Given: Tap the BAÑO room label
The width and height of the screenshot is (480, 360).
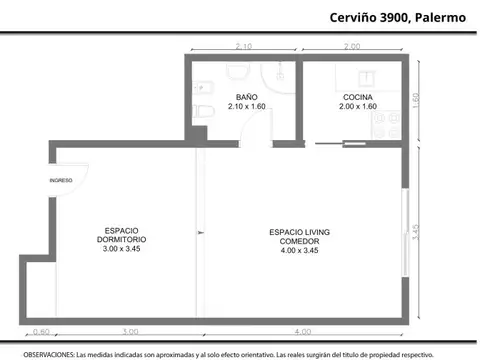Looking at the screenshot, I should [x=246, y=97].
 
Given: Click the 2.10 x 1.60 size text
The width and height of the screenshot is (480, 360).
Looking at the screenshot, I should [x=246, y=106].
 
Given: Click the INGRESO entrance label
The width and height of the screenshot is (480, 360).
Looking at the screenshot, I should [x=61, y=180].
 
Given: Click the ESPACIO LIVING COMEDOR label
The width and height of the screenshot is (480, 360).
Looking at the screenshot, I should [x=300, y=237].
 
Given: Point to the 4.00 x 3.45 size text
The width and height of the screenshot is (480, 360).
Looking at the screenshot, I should [x=300, y=250].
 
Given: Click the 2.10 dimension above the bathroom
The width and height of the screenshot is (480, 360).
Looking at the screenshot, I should [x=243, y=47].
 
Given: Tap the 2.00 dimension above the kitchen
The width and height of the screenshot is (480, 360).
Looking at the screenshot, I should [x=352, y=47].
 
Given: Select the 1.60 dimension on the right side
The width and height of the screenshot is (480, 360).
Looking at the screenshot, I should [x=417, y=101].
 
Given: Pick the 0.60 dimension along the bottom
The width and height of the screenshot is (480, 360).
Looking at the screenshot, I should [x=41, y=331].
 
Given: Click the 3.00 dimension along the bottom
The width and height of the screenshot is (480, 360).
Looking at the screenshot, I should [x=130, y=331].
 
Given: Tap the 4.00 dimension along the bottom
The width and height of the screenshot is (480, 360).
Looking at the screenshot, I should [x=303, y=331].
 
